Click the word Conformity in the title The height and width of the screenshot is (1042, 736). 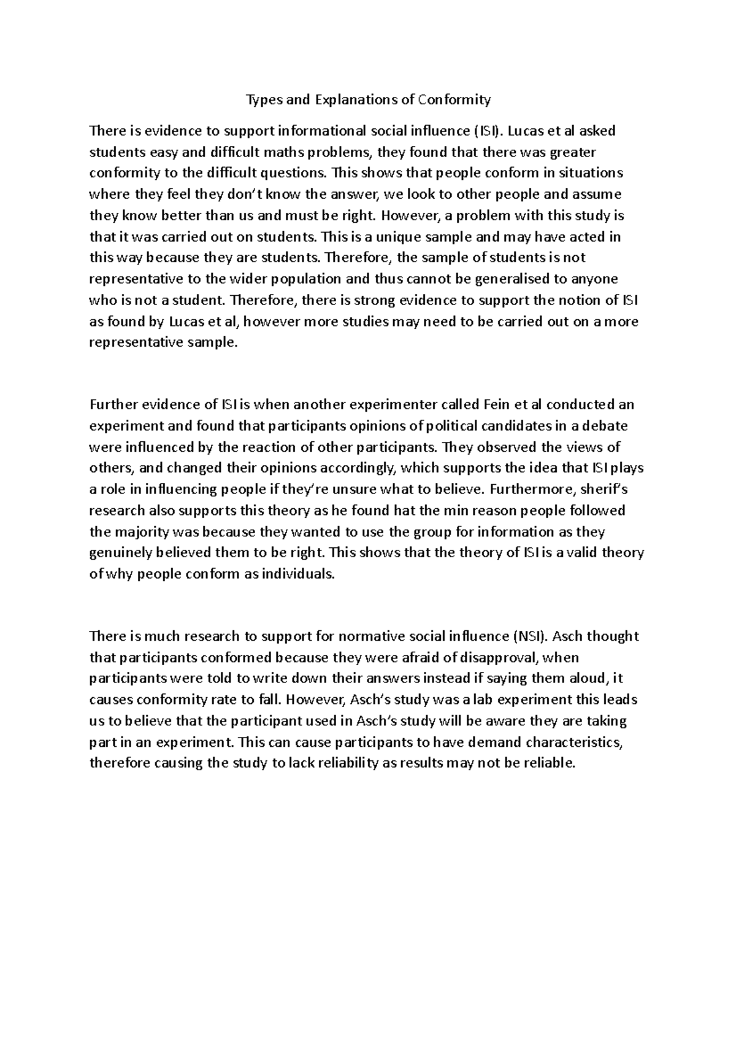454,99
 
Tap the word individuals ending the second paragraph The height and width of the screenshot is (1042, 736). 297,574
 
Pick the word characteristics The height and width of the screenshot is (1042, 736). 577,743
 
